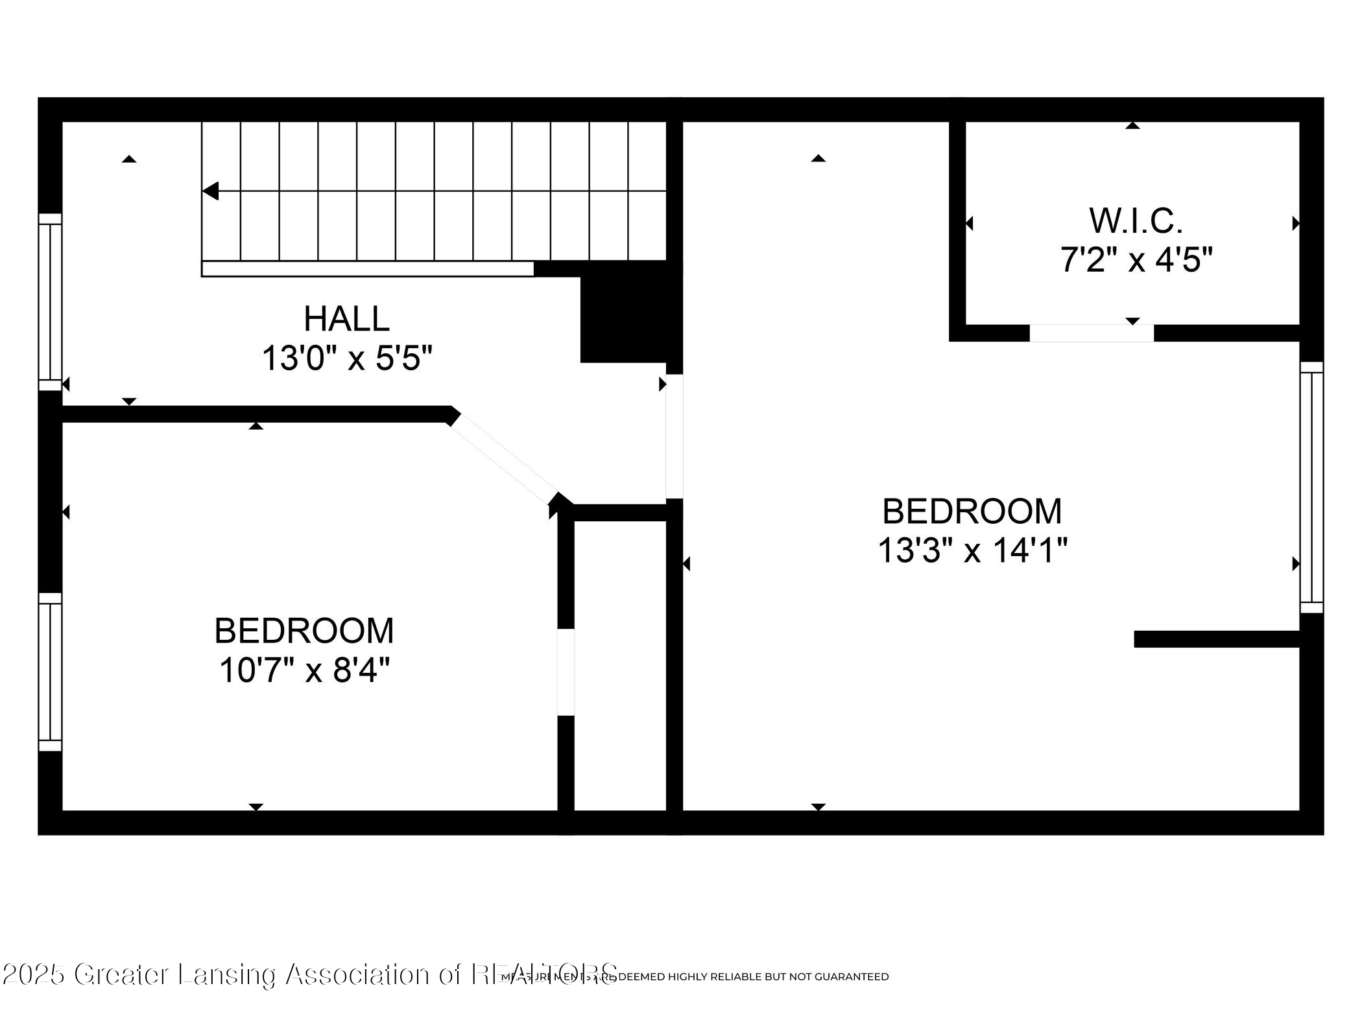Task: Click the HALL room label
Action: (x=346, y=319)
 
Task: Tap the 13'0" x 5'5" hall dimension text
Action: (x=346, y=358)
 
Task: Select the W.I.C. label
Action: (x=1136, y=221)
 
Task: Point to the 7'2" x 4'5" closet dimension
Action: (x=1136, y=261)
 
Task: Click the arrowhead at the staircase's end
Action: (x=211, y=191)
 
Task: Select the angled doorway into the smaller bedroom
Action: (x=503, y=462)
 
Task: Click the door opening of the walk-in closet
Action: (x=1092, y=333)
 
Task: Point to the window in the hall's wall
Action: (x=50, y=302)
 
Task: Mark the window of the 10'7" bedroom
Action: (x=50, y=672)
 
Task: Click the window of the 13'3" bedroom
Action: (x=1311, y=487)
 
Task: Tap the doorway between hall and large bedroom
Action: (x=675, y=436)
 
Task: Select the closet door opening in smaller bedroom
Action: (x=566, y=672)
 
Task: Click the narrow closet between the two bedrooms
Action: (x=620, y=664)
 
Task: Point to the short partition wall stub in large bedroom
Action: (x=1217, y=639)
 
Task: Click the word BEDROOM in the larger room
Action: (x=972, y=511)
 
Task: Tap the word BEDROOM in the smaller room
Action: (x=304, y=631)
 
